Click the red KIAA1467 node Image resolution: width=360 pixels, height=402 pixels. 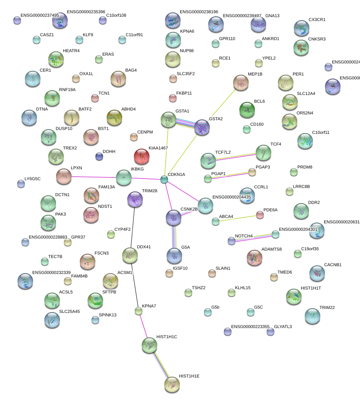(x=141, y=156)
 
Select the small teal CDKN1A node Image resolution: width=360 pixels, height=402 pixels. (x=164, y=179)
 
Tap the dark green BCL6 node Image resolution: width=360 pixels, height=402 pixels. (x=247, y=110)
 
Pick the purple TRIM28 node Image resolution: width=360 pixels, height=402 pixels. (x=135, y=199)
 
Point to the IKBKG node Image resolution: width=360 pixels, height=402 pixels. (x=124, y=177)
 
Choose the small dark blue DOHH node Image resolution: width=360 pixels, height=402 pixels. (x=99, y=156)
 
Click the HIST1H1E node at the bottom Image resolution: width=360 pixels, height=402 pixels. (x=172, y=384)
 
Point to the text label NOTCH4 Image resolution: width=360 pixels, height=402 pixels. (x=244, y=236)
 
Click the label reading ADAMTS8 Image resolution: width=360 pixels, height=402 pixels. (x=271, y=249)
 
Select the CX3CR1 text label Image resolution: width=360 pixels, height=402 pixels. (x=317, y=19)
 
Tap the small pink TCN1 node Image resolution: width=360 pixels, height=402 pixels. (x=95, y=97)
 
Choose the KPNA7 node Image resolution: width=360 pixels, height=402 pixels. (x=139, y=311)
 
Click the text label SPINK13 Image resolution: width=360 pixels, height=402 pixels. (x=108, y=315)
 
